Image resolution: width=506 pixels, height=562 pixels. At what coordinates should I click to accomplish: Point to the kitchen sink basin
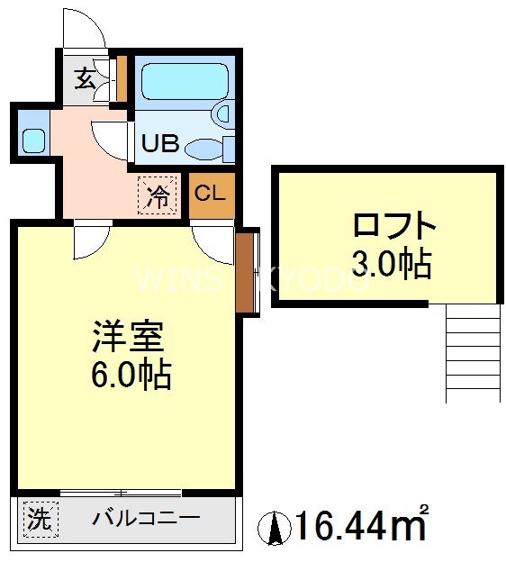[x=33, y=140]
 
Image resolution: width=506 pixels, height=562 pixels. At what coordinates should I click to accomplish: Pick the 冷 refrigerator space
[x=158, y=195]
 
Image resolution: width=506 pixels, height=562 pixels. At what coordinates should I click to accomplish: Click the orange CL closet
[x=210, y=193]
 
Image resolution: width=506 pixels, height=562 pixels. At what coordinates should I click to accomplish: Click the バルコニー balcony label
[x=145, y=519]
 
